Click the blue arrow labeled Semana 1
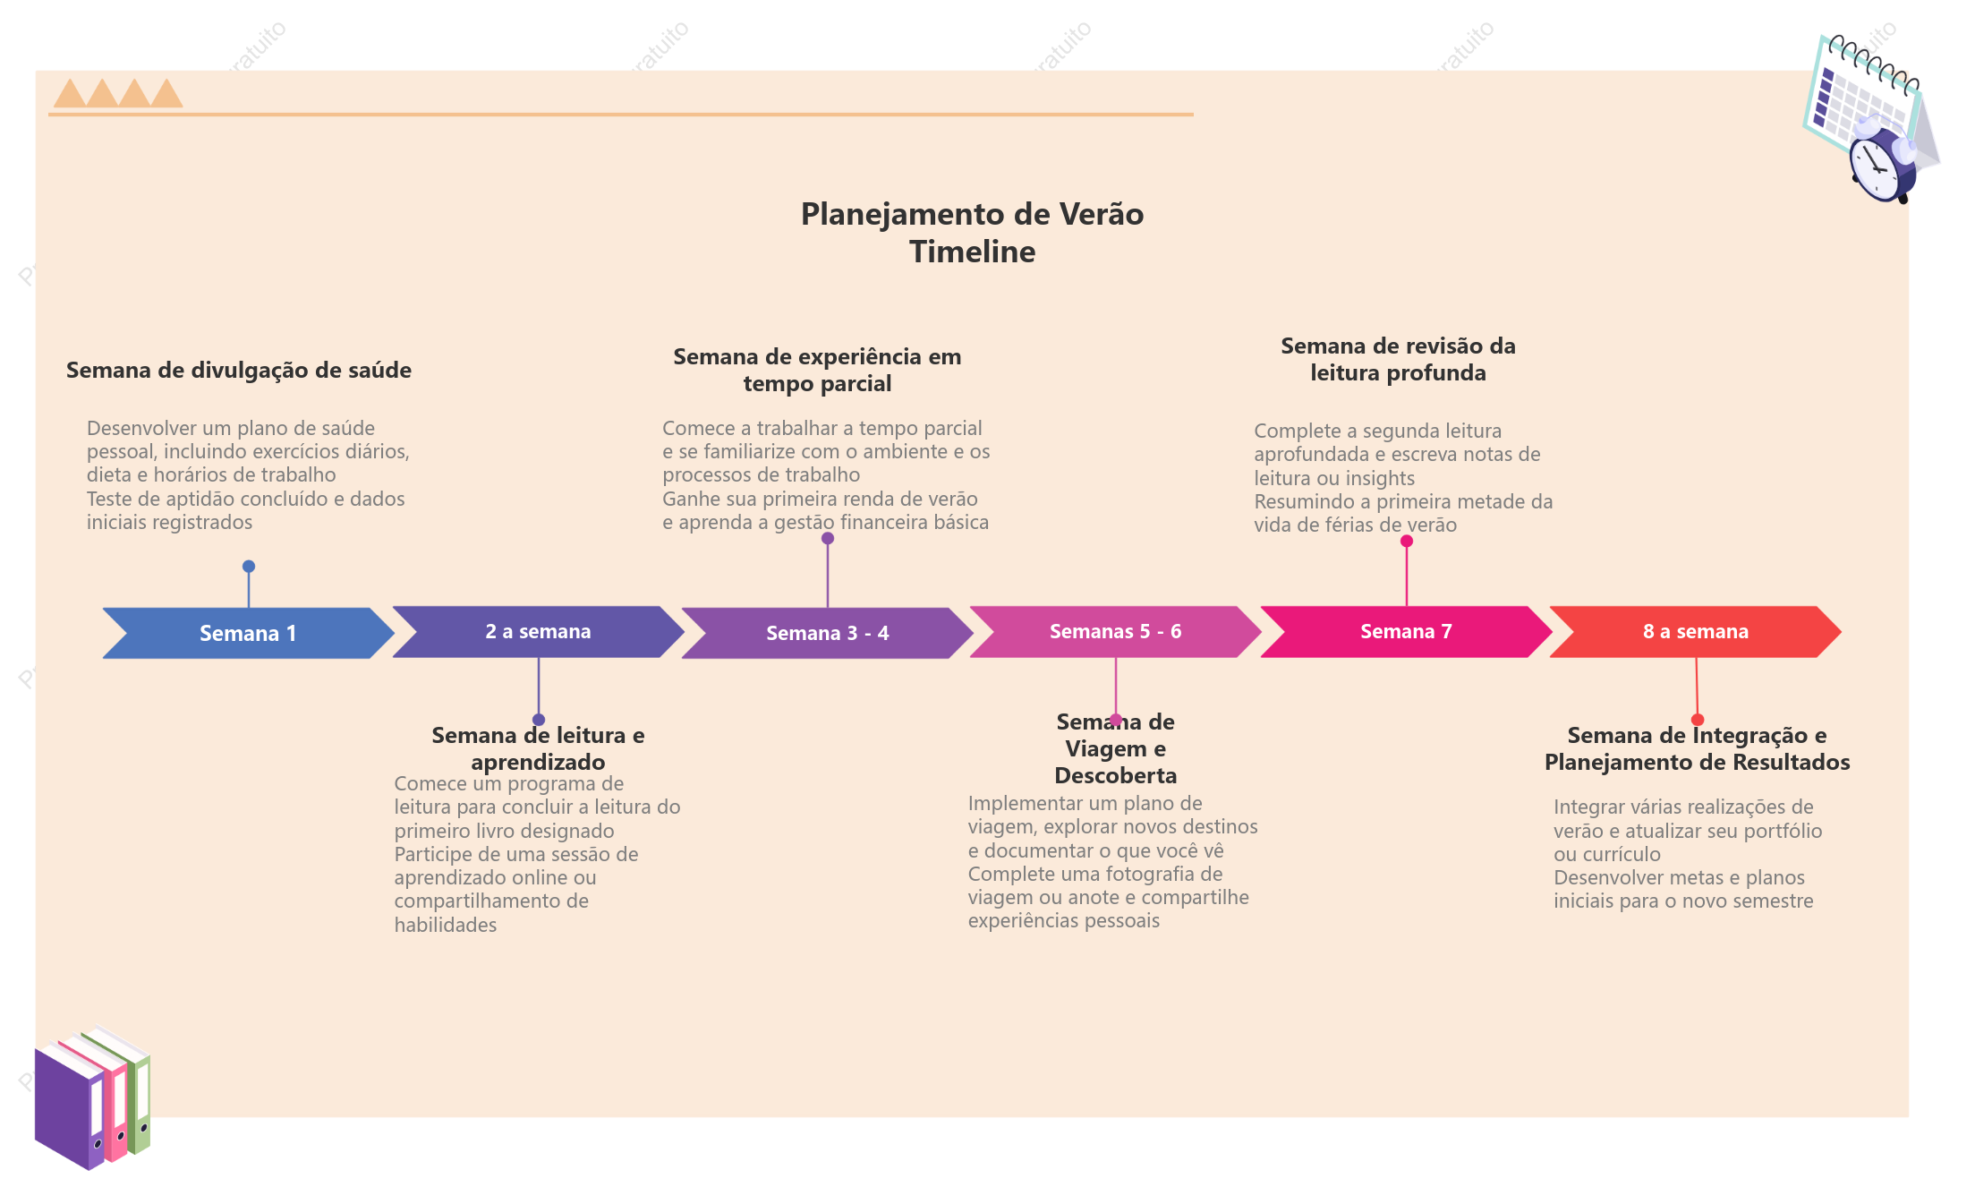point(249,633)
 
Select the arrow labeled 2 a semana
point(538,632)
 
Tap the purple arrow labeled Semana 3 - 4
point(827,633)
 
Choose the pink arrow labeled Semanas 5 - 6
point(1115,632)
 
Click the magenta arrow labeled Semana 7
point(1406,632)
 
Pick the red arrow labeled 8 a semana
point(1695,632)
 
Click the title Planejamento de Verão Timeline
point(972,233)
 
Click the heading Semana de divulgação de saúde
point(239,371)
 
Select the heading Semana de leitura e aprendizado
point(538,748)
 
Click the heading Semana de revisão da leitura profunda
point(1398,359)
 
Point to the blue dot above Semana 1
point(249,567)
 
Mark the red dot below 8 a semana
point(1698,720)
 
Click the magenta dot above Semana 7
point(1407,541)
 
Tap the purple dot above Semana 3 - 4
point(828,538)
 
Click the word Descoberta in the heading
point(1116,775)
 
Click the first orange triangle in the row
point(70,93)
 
